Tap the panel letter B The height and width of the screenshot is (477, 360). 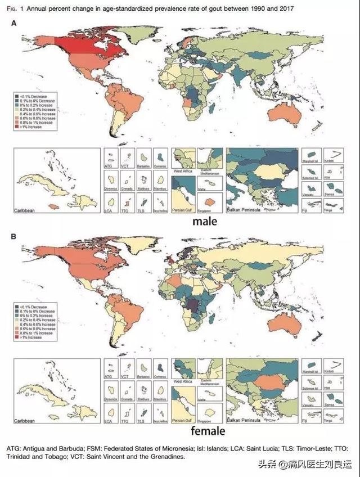14,237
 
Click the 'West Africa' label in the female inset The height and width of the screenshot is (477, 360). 182,382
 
